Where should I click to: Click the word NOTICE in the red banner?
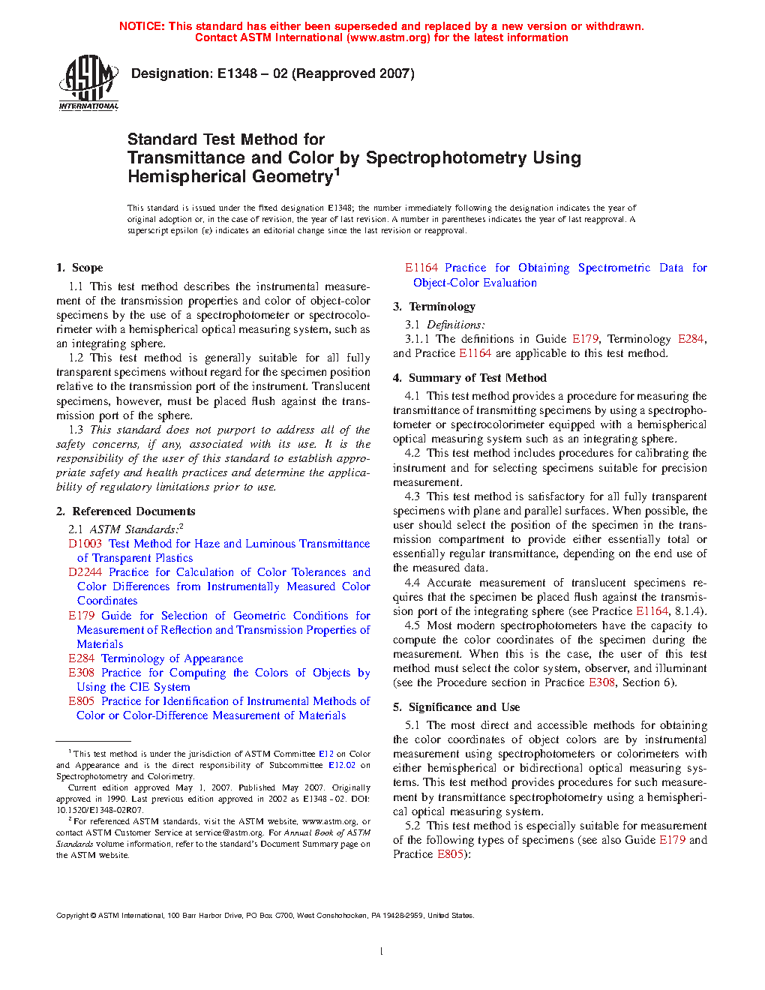pos(142,26)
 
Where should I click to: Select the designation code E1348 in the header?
pos(237,73)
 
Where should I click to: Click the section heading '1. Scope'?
pos(79,268)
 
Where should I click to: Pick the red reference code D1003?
pos(85,544)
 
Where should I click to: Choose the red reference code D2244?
pos(85,572)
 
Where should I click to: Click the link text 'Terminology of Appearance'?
pos(172,658)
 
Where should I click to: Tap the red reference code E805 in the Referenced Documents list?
pos(81,701)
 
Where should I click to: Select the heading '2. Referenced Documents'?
pos(126,511)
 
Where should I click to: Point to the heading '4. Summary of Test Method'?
pos(469,378)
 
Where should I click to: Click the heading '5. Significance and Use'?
pos(456,707)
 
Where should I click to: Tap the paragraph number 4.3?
pos(412,496)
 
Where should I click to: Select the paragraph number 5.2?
pos(412,826)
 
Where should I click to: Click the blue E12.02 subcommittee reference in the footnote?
pos(342,765)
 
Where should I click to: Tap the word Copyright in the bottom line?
pos(72,916)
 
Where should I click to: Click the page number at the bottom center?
pos(382,952)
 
